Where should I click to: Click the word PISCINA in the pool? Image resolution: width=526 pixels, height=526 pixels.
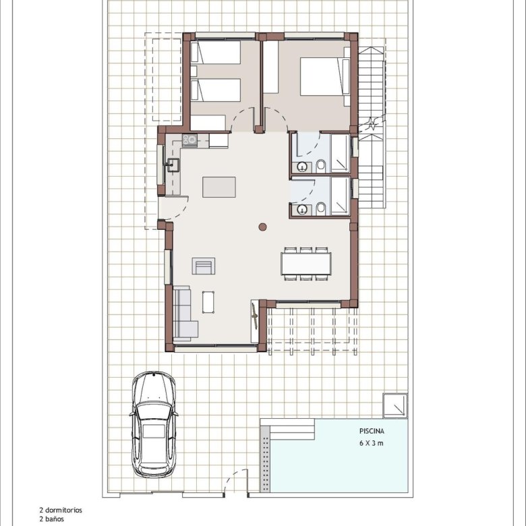tap(372, 431)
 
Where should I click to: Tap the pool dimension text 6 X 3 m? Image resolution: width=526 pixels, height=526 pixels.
tap(372, 443)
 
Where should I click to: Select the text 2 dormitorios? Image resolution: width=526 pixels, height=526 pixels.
tap(61, 510)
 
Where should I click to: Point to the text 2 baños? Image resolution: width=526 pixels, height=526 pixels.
tap(51, 519)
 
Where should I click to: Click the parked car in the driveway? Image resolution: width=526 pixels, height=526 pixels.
tap(154, 424)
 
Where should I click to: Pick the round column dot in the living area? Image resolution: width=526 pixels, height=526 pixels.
tap(263, 227)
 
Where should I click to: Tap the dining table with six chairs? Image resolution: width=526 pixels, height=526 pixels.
tap(306, 264)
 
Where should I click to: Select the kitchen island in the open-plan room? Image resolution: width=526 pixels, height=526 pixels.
tap(219, 187)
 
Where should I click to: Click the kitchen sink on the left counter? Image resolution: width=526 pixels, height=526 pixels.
tap(173, 165)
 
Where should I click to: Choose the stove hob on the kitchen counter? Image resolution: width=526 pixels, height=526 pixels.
tap(189, 140)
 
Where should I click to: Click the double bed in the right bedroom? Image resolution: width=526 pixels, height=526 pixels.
tap(325, 76)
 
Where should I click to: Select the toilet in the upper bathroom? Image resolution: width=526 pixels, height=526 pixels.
tap(321, 166)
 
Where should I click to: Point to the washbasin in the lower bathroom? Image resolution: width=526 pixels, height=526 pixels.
tap(303, 210)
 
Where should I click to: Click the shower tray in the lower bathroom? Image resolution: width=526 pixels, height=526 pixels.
tap(341, 196)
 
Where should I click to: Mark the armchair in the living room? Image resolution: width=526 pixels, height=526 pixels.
tap(204, 266)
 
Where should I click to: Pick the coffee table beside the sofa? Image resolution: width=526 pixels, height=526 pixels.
tap(208, 302)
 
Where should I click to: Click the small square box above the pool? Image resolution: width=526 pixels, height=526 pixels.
tap(395, 405)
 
